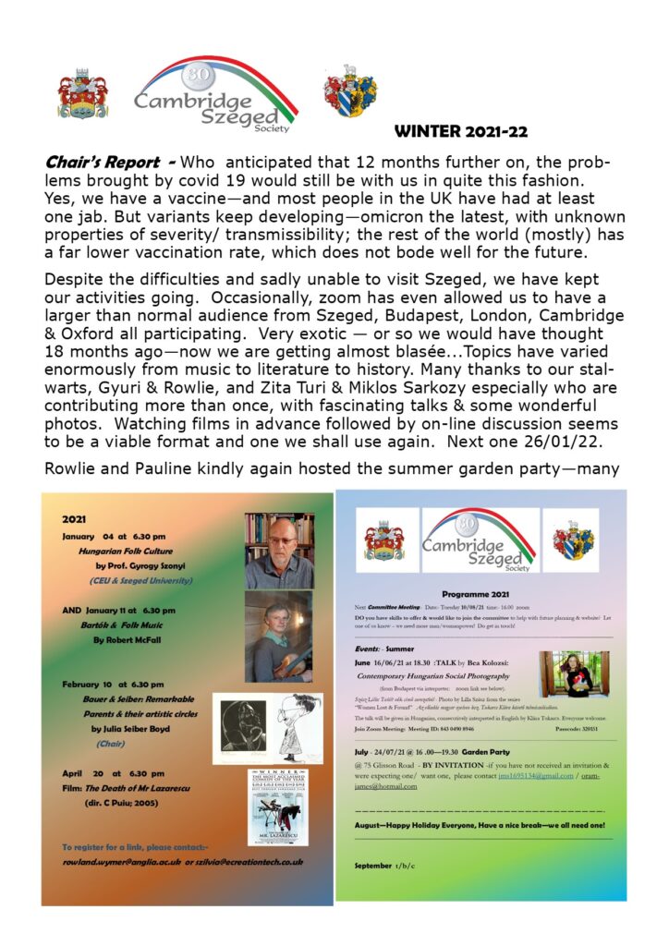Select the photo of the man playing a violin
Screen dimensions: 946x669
(x=278, y=637)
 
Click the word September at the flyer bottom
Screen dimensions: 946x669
(x=374, y=865)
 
